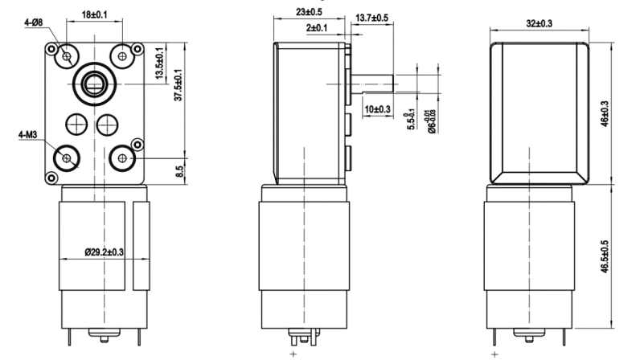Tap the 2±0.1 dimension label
319,27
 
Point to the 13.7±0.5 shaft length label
371,18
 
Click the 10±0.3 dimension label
376,108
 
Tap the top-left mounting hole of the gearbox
65,55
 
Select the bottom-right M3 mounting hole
122,158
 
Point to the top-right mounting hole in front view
122,55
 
